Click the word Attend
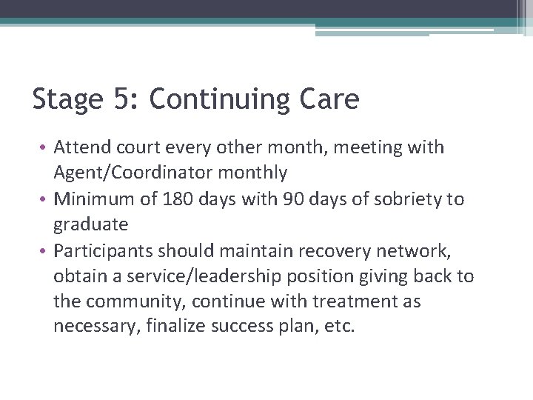(x=82, y=147)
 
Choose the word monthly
(x=261, y=173)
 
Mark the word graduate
(x=90, y=224)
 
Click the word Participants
(x=106, y=250)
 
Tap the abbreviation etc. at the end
(x=341, y=326)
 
